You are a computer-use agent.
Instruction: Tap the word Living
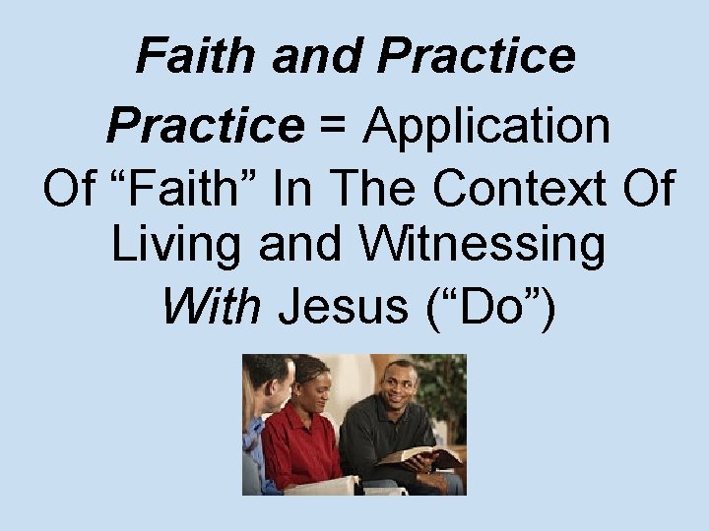177,246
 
